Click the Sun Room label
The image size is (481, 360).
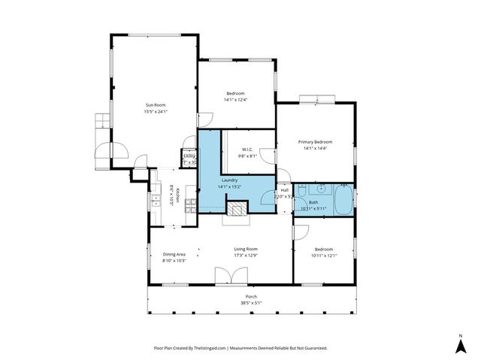coord(155,104)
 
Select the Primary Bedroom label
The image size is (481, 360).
coord(315,142)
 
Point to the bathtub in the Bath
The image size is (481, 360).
coord(343,201)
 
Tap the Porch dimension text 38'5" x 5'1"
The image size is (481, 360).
coord(251,303)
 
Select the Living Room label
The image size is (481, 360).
coord(246,249)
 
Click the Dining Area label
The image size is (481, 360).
coord(174,254)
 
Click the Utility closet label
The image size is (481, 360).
coord(189,156)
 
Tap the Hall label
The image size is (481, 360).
coord(285,190)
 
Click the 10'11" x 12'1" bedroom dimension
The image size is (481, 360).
coord(324,256)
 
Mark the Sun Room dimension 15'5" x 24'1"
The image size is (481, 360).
coord(155,111)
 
